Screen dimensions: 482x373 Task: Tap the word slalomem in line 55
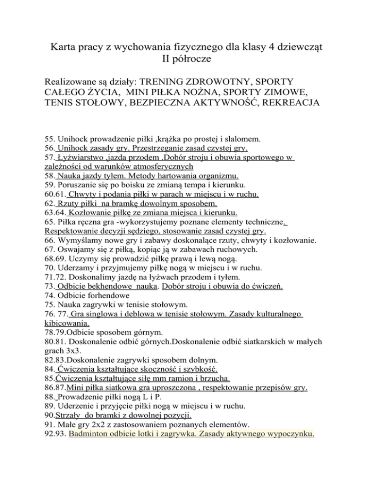257,139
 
